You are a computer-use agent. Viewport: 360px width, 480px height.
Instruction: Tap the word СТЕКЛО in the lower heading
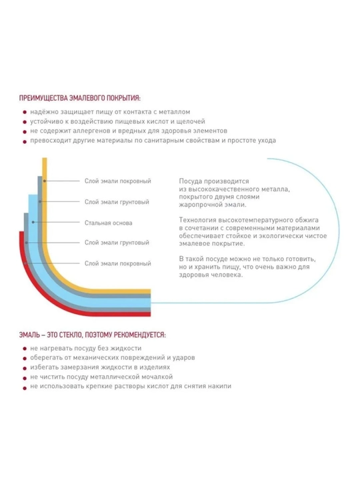click(x=71, y=335)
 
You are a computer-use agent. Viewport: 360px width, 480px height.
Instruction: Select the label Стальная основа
click(x=109, y=223)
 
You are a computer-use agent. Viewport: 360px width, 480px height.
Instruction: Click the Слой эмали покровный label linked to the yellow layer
click(x=118, y=181)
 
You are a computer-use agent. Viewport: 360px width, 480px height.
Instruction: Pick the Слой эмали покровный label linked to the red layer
click(x=118, y=263)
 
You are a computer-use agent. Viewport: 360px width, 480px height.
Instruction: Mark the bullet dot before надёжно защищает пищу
click(x=25, y=113)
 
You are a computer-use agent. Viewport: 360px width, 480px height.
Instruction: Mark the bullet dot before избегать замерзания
click(x=25, y=368)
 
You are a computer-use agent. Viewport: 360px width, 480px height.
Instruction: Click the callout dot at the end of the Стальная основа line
click(x=33, y=222)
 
